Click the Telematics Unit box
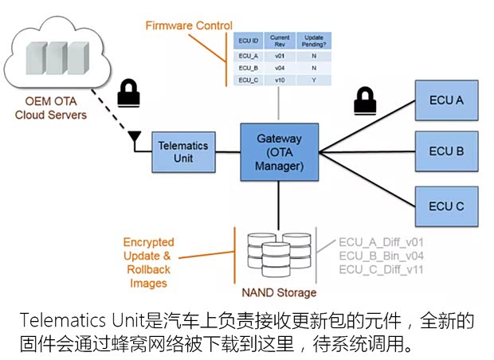182,151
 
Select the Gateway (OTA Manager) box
279,152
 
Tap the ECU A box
446,100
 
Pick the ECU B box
446,151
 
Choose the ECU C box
446,206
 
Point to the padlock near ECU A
364,102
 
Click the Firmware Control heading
189,25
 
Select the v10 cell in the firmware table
279,81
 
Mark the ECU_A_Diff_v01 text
380,241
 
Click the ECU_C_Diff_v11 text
380,269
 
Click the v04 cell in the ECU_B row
279,68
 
